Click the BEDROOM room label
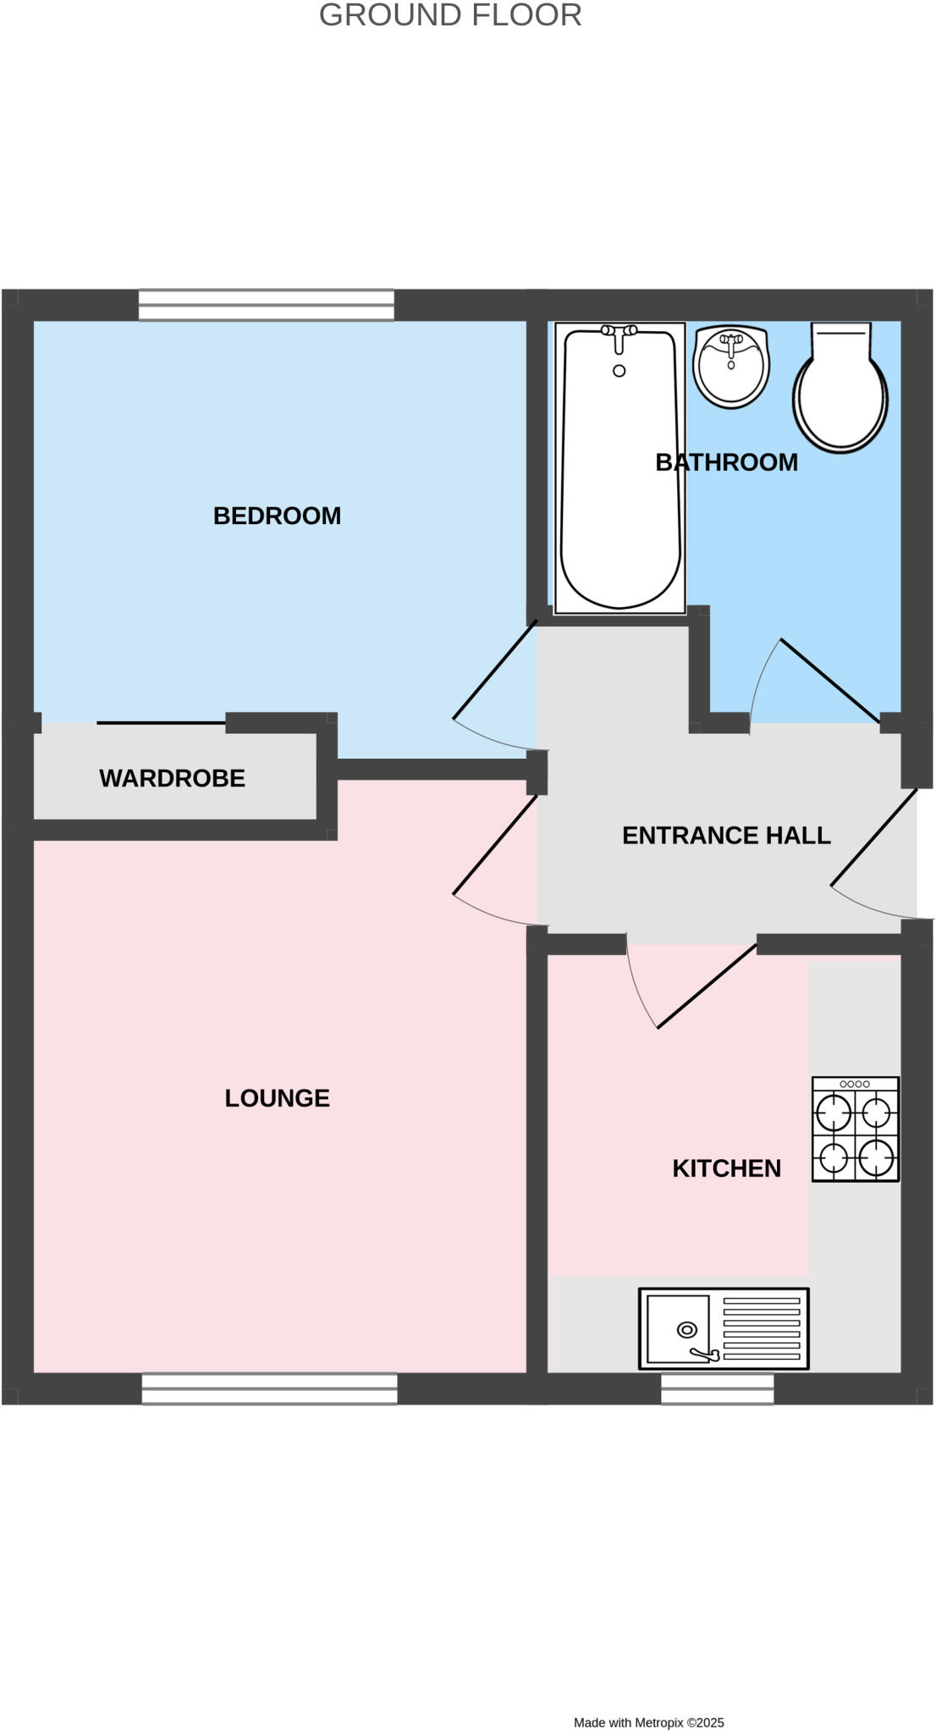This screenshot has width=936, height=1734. click(277, 516)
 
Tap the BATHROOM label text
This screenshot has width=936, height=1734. click(726, 462)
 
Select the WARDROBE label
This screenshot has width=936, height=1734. click(172, 778)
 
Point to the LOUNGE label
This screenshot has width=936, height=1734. click(277, 1098)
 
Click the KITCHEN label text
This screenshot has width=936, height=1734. click(726, 1168)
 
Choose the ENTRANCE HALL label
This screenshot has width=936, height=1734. click(726, 836)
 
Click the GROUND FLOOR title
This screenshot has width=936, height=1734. click(450, 15)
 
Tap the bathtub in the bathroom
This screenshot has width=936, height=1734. click(619, 491)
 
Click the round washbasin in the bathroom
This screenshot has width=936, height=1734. click(731, 366)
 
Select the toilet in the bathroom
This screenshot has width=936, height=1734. click(840, 398)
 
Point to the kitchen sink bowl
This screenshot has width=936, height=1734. click(679, 1328)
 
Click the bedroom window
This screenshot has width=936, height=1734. click(267, 305)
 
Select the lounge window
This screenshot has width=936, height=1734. click(269, 1389)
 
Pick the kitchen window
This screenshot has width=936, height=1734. click(717, 1389)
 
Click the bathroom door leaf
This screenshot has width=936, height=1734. click(830, 676)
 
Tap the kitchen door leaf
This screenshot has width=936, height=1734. click(707, 986)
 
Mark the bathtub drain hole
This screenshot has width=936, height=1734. click(619, 371)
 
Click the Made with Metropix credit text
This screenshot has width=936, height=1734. click(649, 1722)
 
